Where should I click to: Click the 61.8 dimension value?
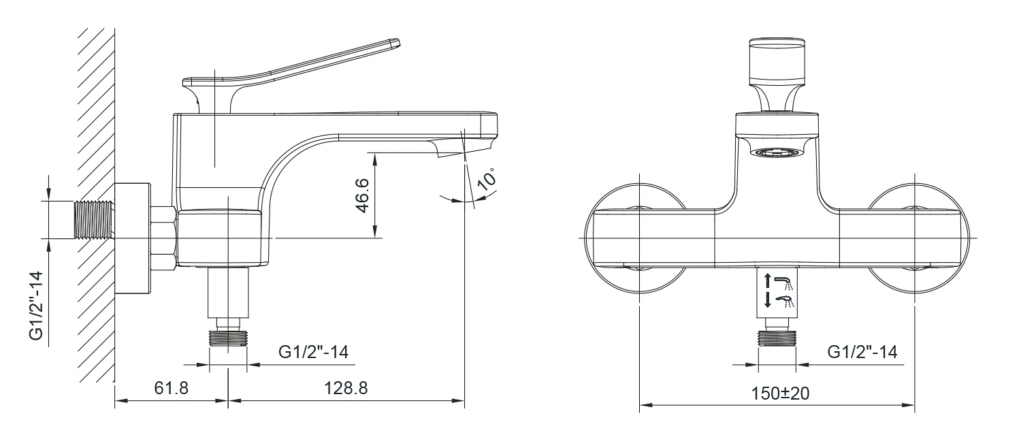(x=171, y=388)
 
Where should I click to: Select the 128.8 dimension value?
(x=346, y=388)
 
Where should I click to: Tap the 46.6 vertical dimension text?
(x=361, y=195)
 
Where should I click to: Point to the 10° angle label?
(x=487, y=179)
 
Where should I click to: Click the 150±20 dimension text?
(x=780, y=393)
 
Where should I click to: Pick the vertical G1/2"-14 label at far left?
(x=36, y=306)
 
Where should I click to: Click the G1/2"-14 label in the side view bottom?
(x=313, y=352)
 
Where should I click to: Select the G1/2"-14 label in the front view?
(x=862, y=352)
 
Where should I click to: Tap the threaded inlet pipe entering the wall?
(x=95, y=219)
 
